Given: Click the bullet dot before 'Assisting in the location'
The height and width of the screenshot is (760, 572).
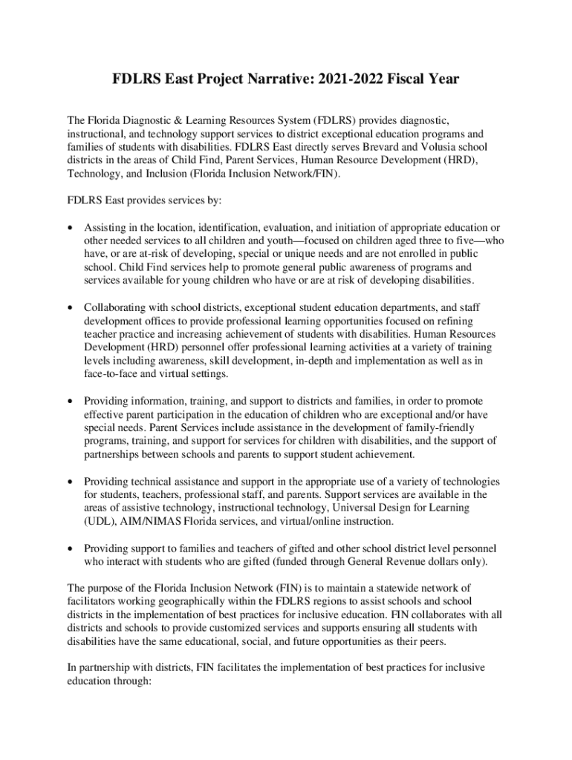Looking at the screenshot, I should pos(70,227).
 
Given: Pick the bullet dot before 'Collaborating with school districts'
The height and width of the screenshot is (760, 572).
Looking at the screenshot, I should pos(70,307).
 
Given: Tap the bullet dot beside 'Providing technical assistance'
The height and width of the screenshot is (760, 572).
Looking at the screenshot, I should pos(70,481).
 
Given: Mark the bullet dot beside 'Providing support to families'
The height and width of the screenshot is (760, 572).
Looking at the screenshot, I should pos(70,548).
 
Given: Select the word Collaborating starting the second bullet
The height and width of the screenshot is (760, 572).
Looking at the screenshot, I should pos(115,307).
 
